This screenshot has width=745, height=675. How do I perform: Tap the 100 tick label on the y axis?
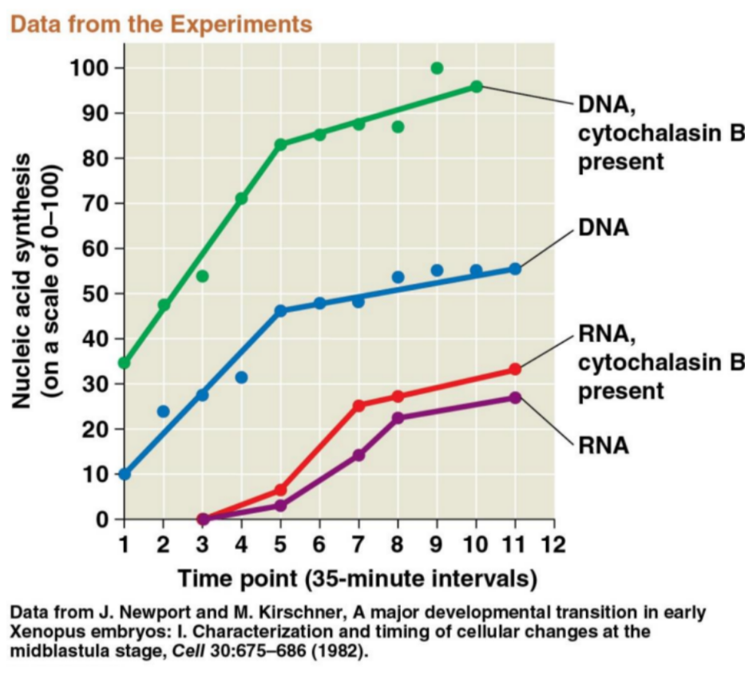[x=90, y=68]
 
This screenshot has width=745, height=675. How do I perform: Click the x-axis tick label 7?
[x=359, y=546]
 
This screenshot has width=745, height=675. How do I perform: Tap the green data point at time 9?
[x=437, y=68]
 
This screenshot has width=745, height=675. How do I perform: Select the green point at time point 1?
[x=124, y=363]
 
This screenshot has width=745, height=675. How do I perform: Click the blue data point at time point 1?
[x=124, y=474]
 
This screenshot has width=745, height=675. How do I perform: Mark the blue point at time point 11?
[x=515, y=269]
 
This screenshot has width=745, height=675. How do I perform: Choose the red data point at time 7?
[x=359, y=405]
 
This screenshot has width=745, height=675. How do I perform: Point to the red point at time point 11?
[x=515, y=369]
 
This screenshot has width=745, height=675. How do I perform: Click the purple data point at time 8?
[x=398, y=417]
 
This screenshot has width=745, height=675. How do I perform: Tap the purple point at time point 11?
[x=515, y=397]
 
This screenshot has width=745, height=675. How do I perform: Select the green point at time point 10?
[x=476, y=86]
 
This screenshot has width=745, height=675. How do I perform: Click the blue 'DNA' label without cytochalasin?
[x=603, y=227]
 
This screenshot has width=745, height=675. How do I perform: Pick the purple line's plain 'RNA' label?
[x=603, y=444]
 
